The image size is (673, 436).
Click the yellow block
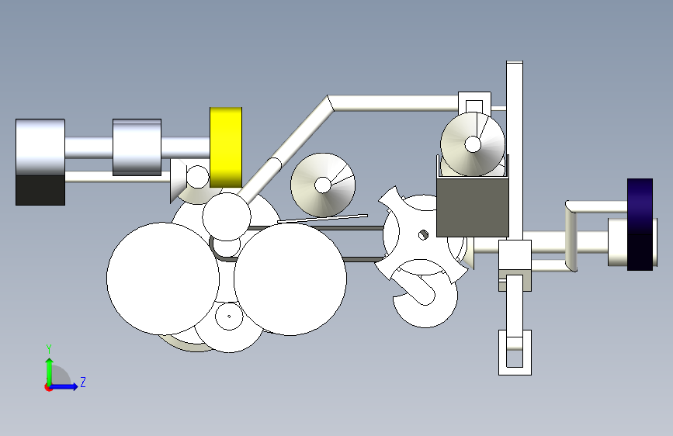(226, 147)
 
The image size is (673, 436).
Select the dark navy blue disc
(640, 224)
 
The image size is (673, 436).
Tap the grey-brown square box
(473, 208)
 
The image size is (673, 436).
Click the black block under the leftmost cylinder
(40, 189)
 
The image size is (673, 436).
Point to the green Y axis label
(49, 348)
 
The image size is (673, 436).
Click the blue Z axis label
(83, 382)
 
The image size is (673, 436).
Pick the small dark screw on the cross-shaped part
(423, 235)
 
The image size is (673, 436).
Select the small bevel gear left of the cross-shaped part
(323, 185)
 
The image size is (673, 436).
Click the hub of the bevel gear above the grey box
(473, 144)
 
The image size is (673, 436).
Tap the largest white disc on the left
(163, 279)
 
